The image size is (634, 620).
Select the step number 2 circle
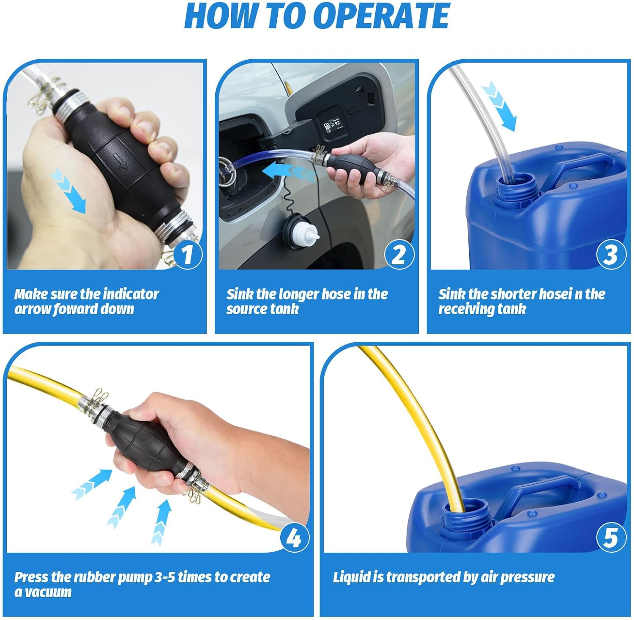[398, 254]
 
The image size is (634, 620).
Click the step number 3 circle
[610, 254]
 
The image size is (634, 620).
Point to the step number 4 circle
[294, 538]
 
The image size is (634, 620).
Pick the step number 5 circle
[610, 538]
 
